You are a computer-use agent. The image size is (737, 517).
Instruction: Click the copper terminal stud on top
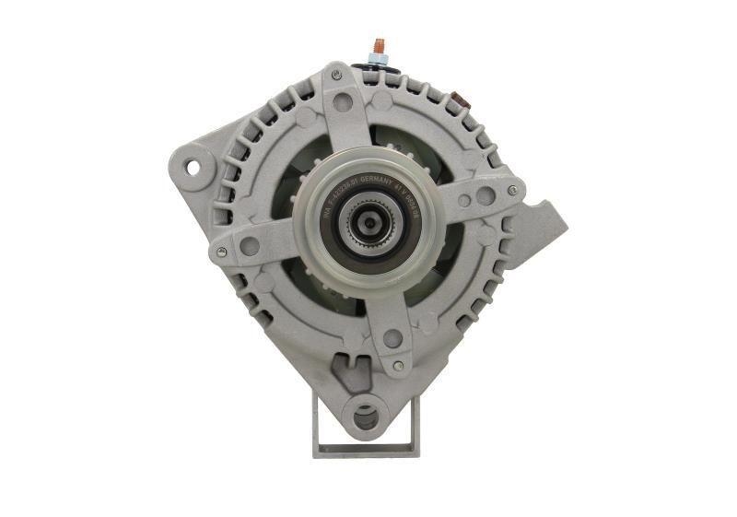[377, 45]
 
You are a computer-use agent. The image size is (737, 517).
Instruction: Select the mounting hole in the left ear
[193, 167]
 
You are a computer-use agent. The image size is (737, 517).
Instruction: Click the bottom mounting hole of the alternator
[365, 417]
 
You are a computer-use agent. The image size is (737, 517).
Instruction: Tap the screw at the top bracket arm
[337, 73]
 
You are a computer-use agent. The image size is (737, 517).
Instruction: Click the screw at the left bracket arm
[220, 251]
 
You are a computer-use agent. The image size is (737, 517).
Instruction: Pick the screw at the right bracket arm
[512, 191]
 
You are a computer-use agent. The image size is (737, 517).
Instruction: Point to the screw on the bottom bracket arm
[397, 366]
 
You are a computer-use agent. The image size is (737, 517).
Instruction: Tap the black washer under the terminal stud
[377, 62]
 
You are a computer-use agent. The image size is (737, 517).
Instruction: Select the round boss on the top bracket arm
[344, 101]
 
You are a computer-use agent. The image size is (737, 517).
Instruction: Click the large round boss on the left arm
[250, 246]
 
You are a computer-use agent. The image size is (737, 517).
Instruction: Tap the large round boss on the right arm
[485, 195]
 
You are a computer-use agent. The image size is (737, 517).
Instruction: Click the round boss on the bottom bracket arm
[392, 338]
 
